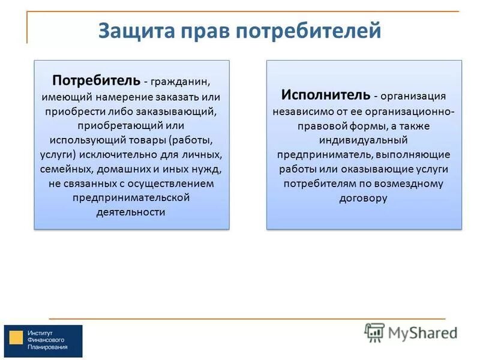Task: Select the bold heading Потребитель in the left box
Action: click(96, 80)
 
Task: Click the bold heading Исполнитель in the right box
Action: click(325, 95)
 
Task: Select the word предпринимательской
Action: click(131, 197)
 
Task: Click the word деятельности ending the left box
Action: click(131, 212)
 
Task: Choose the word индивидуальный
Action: click(364, 139)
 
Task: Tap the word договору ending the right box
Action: click(364, 197)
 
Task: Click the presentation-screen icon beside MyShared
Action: click(374, 332)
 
